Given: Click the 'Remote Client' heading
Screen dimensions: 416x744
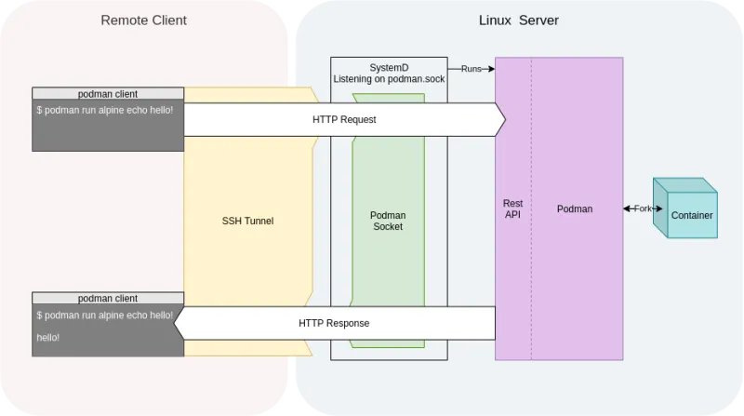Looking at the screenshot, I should [143, 20].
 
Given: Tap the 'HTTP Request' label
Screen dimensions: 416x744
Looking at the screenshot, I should [344, 120].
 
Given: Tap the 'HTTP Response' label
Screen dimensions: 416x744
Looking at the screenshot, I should [334, 323].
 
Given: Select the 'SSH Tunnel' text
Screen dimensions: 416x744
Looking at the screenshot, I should [247, 221].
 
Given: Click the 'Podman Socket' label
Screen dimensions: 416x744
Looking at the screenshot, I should [389, 221].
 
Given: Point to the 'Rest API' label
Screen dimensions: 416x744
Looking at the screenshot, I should [512, 209].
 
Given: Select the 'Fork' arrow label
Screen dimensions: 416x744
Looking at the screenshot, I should [643, 209].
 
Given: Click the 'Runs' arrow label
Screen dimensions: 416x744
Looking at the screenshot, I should [472, 69].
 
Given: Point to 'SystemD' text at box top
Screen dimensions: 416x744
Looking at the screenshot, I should [389, 66].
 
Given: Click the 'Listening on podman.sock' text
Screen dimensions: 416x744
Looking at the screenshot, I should [389, 78].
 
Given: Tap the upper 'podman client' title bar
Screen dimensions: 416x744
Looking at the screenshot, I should [107, 94].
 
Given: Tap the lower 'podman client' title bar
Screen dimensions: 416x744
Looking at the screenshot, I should [107, 298].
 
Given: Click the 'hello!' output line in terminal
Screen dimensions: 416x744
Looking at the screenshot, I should [49, 336].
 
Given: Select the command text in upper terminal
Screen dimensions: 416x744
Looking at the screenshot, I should [104, 110].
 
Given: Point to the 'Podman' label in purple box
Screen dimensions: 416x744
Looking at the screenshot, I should [575, 209].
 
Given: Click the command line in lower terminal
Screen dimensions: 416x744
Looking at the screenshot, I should [104, 315].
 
